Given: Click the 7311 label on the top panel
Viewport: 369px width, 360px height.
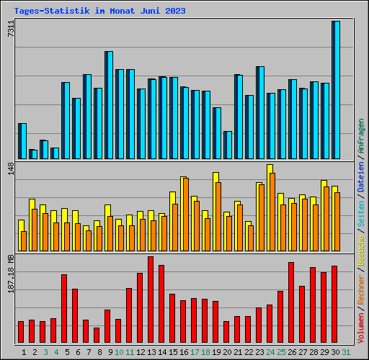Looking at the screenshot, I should pyautogui.click(x=9, y=30).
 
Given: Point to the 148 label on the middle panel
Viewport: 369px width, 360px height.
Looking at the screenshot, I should pyautogui.click(x=9, y=169).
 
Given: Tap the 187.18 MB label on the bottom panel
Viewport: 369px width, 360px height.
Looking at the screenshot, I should pyautogui.click(x=9, y=274).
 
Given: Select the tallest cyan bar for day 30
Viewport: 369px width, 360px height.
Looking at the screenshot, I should pyautogui.click(x=337, y=90).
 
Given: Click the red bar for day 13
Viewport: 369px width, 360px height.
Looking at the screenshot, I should pyautogui.click(x=151, y=300).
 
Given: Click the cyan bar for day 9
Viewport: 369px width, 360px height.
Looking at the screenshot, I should pyautogui.click(x=109, y=104).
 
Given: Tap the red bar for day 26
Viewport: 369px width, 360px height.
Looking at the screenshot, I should pyautogui.click(x=291, y=302).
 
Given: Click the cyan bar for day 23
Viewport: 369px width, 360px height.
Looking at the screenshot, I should pyautogui.click(x=260, y=112).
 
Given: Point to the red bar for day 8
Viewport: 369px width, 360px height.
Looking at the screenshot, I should pyautogui.click(x=97, y=335).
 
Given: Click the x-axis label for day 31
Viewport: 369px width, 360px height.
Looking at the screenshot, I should pyautogui.click(x=346, y=351).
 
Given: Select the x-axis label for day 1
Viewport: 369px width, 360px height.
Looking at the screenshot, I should pyautogui.click(x=24, y=351).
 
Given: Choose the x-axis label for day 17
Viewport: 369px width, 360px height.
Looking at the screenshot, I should pyautogui.click(x=195, y=351).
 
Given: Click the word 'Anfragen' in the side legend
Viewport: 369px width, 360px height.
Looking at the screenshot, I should pyautogui.click(x=361, y=136).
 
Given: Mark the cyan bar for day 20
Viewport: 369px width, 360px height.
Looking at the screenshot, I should pyautogui.click(x=228, y=145).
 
